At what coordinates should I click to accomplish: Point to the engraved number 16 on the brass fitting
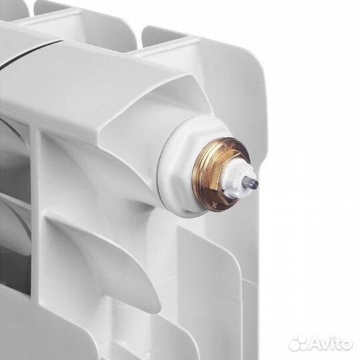(x=215, y=204)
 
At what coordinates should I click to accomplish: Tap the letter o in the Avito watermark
(x=346, y=345)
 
